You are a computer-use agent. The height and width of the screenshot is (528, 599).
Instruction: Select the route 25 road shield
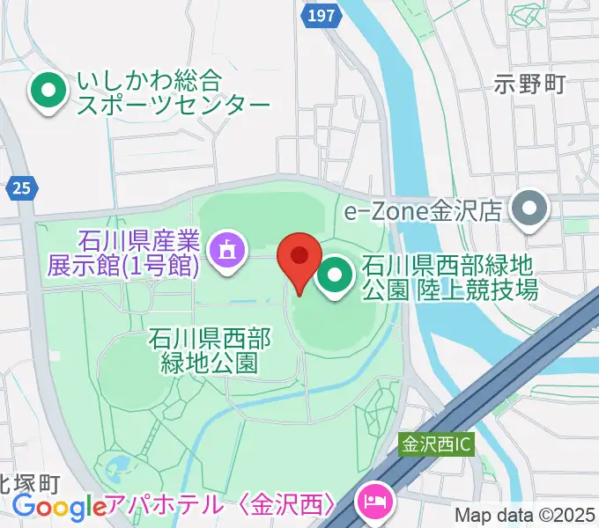coord(21,187)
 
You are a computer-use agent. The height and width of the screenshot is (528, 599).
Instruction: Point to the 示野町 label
coord(529,84)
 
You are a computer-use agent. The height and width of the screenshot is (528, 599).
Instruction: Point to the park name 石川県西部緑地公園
coord(209,349)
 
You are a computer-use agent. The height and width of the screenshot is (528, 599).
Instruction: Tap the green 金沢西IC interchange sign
coord(437,445)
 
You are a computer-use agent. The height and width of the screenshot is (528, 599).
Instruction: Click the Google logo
coord(59,507)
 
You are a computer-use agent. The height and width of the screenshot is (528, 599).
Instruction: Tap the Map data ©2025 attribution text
coord(525,516)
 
